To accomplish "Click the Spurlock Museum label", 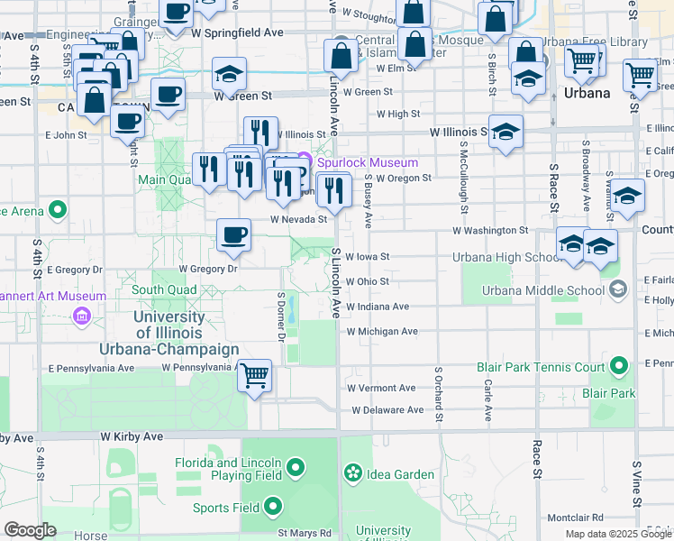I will pos(367,162).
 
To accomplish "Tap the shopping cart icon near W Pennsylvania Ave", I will pos(255,373).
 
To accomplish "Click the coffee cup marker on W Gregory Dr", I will pos(234,235).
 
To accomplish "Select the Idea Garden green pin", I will pos(352,472).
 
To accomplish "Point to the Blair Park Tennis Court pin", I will pos(618,366).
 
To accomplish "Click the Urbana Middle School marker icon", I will pos(618,289).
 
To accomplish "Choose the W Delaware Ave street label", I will pos(387,409).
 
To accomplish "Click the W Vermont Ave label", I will pos(384,388).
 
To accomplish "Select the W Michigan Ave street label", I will pos(383,331).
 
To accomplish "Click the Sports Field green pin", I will pos(271,507).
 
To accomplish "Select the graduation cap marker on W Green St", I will pos(230,74).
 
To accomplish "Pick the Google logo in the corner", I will pos(30,530).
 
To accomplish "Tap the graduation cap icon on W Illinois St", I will pos(506,132).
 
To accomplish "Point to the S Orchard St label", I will pos(440,394).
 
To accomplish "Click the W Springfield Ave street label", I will pos(237,32).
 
